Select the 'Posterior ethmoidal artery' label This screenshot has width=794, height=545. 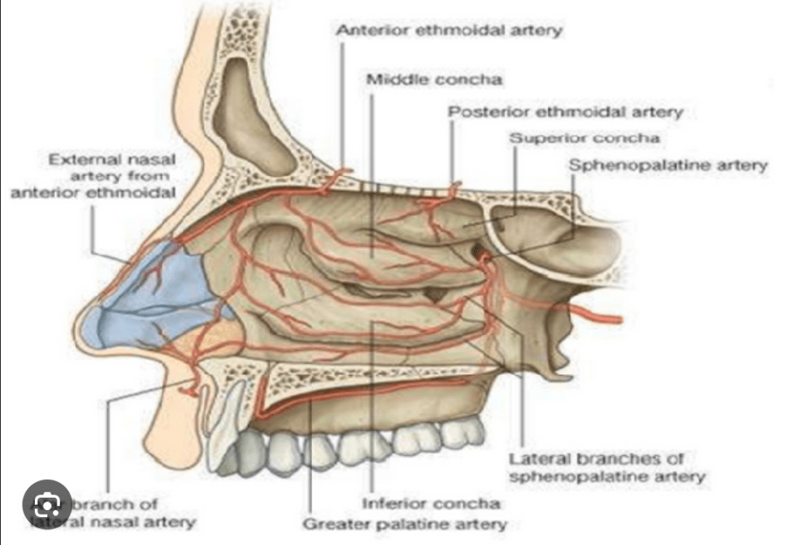pos(566,113)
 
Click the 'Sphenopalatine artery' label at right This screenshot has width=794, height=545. pos(668,165)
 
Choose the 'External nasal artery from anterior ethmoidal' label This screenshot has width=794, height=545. pos(93,175)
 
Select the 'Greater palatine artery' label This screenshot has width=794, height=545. pos(404,523)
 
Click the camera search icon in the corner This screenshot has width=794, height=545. pos(47,509)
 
